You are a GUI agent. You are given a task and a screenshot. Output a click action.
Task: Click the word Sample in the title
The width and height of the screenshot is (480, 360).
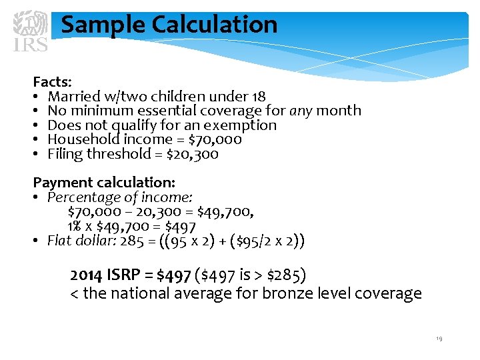[103, 25]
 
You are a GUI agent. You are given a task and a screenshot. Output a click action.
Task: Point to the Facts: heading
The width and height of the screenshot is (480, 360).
[53, 82]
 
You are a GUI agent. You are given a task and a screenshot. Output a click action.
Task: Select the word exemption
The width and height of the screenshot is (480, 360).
[240, 125]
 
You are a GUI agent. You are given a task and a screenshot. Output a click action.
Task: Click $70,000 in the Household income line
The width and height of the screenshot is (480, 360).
[215, 140]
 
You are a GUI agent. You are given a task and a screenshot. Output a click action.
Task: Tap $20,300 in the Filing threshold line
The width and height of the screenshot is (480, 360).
[192, 155]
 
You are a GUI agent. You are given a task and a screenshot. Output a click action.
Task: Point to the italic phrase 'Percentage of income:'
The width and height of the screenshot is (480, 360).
[120, 197]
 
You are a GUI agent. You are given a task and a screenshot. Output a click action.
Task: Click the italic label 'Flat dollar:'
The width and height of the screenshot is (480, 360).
[81, 241]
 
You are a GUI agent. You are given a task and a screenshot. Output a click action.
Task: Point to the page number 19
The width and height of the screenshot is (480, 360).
[439, 339]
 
